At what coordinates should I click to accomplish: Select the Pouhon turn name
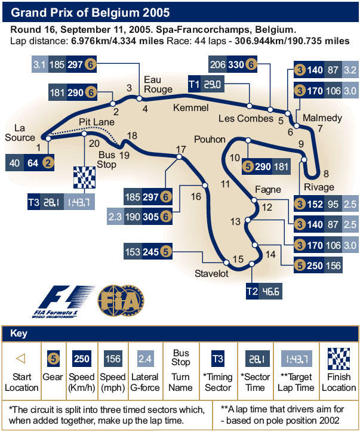click(x=210, y=139)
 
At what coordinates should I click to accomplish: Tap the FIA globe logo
click(x=121, y=300)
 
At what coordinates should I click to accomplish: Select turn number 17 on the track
click(x=181, y=149)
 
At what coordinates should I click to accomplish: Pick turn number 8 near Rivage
click(x=325, y=174)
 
